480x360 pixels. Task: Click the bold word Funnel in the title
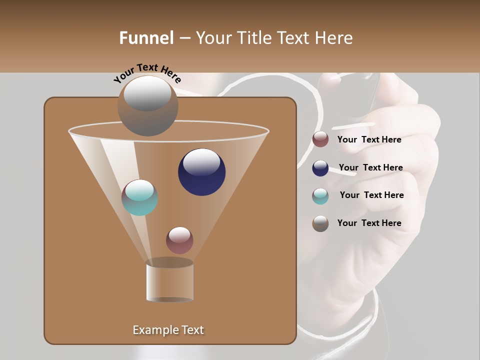point(146,38)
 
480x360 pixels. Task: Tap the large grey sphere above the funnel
point(147,105)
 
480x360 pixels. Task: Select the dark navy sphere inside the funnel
point(201,172)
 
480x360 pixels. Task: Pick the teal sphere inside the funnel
point(140,197)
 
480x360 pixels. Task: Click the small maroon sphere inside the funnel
point(179,240)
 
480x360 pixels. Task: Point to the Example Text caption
point(168,330)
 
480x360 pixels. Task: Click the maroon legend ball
point(320,139)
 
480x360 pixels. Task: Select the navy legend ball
point(320,168)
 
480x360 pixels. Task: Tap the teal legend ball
point(320,196)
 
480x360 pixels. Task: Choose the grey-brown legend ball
point(320,223)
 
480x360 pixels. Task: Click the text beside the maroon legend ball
point(369,139)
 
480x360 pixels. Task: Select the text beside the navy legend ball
point(370,167)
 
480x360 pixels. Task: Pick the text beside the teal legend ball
point(371,195)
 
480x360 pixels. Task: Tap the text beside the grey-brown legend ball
point(369,223)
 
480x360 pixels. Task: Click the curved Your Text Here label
point(147,73)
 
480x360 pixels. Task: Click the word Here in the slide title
point(334,38)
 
